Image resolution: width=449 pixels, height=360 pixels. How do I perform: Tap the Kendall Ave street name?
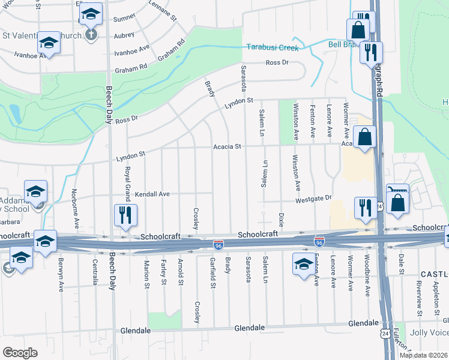coord(152,194)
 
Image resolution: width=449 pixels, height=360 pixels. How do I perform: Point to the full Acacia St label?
coord(228,146)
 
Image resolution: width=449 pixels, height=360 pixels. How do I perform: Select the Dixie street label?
coord(281,219)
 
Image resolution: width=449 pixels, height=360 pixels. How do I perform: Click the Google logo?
coord(20,353)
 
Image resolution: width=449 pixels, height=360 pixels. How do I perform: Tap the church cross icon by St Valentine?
coord(91,34)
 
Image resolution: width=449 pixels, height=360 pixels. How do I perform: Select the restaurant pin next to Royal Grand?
coord(125,215)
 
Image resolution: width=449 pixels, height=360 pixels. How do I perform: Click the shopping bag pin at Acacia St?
coord(365,137)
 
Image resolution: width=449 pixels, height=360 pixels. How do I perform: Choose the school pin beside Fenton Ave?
coord(304,263)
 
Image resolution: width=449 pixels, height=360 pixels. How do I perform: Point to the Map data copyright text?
coord(424,355)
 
